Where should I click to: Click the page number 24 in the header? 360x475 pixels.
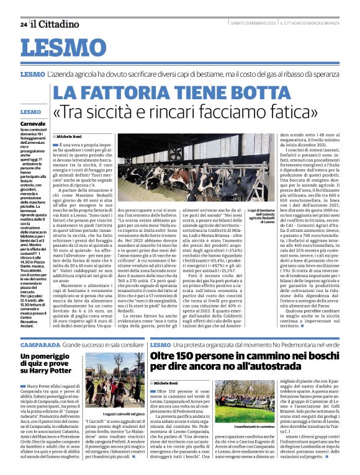(x=23, y=24)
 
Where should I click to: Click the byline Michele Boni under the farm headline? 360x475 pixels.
(x=71, y=135)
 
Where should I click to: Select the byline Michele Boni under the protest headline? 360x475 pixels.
(x=169, y=384)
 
